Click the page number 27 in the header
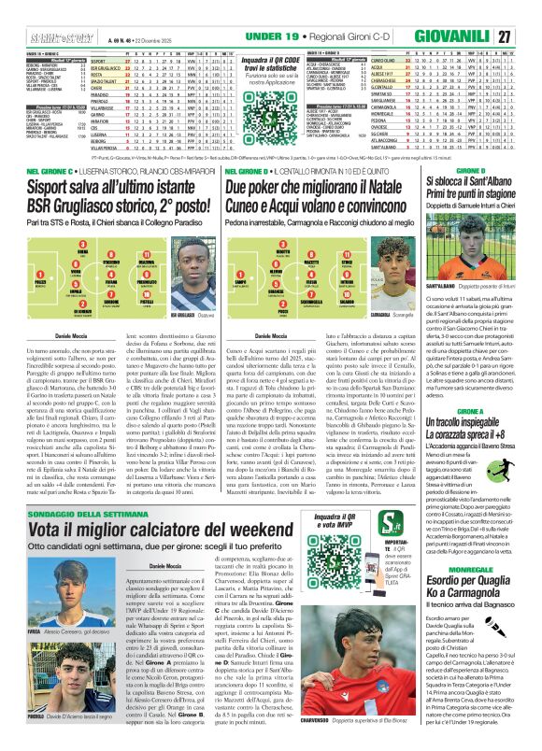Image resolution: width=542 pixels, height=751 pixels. tap(529, 35)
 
